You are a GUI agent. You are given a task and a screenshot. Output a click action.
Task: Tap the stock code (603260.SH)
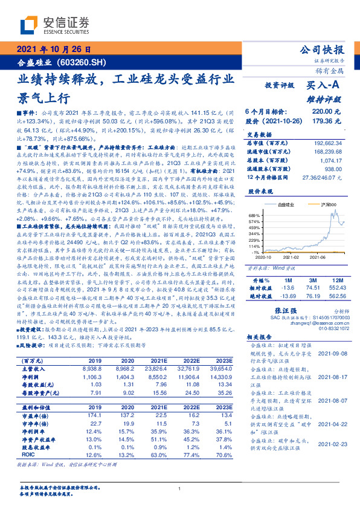(84, 62)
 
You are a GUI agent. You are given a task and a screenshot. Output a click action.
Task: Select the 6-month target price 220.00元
(326, 112)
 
